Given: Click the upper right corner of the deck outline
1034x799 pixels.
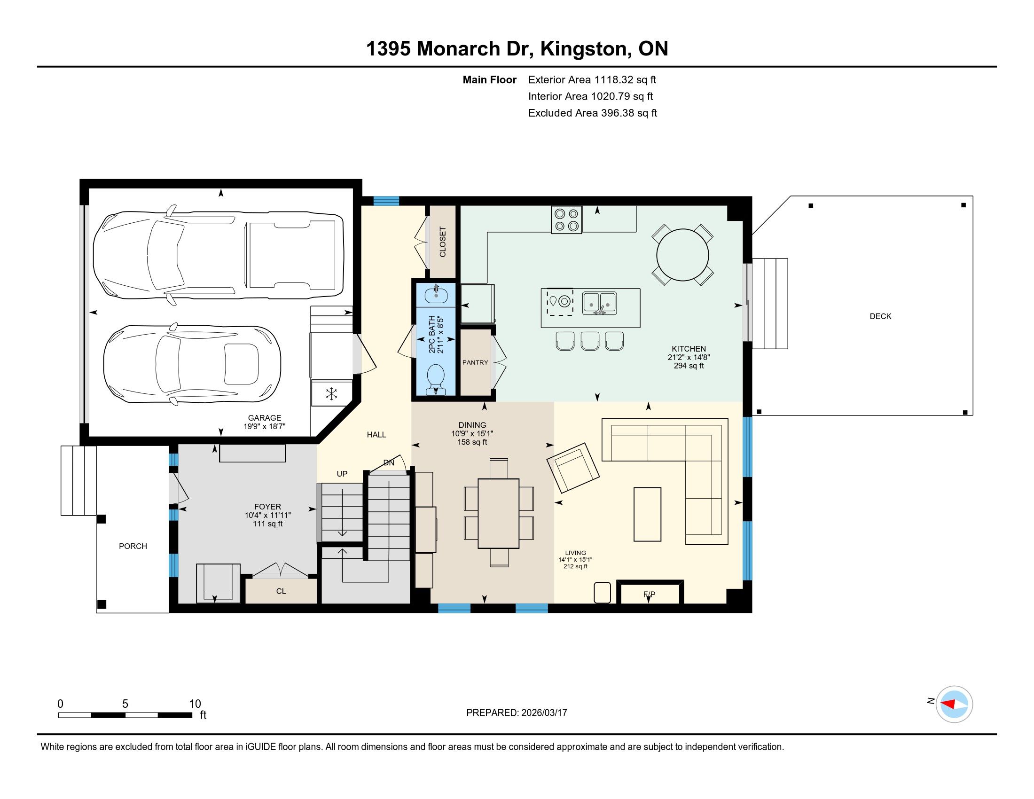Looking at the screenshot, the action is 973,196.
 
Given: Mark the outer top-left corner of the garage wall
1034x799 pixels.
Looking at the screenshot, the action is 80,180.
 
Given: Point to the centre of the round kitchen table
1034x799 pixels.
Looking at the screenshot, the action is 683,255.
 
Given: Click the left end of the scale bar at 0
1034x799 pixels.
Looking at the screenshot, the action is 59,715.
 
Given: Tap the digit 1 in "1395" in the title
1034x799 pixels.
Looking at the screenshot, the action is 371,49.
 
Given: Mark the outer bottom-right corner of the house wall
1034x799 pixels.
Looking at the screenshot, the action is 752,612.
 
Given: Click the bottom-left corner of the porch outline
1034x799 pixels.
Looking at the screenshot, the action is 96,613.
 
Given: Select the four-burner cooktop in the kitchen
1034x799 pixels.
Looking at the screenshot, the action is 567,219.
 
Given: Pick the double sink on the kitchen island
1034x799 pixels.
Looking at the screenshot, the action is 599,303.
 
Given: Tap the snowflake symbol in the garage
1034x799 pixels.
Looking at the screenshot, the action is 332,393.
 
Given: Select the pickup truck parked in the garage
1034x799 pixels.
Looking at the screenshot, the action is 218,255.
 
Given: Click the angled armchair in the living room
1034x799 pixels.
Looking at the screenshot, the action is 573,467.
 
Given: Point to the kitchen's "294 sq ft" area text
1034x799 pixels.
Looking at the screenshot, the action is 689,366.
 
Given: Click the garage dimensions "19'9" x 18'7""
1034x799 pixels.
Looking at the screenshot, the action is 265,426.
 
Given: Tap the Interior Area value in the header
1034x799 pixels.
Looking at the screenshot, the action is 622,96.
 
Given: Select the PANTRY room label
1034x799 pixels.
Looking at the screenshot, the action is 475,362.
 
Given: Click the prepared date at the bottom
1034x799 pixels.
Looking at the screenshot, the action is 544,713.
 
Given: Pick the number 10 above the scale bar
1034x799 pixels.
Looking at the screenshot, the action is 195,704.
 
